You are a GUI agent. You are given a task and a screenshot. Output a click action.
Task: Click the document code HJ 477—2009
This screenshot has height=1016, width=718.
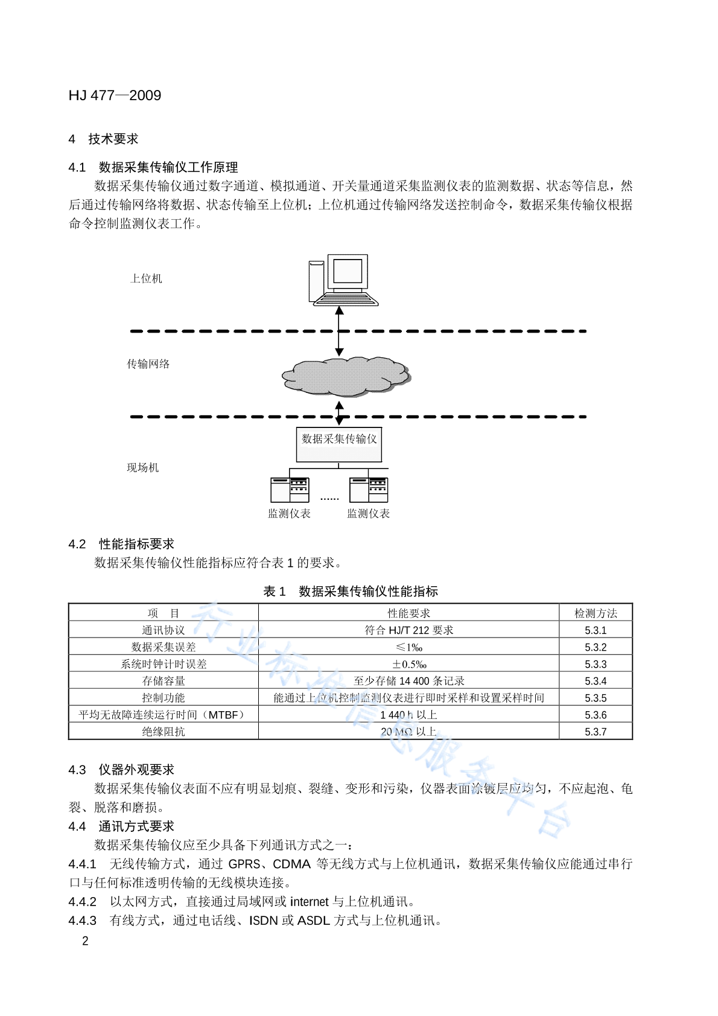115,95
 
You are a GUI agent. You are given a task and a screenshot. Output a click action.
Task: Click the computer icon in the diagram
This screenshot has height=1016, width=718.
343,280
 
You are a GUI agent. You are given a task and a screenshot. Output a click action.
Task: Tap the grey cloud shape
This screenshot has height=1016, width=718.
346,377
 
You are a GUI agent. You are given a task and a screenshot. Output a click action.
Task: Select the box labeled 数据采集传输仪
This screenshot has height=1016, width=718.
339,444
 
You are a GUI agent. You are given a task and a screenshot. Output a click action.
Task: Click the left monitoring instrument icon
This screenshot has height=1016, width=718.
290,490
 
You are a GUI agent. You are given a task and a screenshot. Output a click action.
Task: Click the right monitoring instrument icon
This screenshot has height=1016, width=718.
369,490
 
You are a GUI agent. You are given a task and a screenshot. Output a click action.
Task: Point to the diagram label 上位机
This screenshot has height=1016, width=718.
146,278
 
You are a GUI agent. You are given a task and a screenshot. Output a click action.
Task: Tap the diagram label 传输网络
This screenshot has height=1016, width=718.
148,364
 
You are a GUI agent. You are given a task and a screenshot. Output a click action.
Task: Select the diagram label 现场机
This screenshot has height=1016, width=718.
143,468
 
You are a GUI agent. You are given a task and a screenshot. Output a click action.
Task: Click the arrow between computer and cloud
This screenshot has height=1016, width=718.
339,331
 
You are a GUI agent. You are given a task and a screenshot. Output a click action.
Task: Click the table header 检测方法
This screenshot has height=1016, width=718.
596,613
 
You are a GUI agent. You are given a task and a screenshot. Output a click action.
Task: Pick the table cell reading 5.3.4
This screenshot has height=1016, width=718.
596,681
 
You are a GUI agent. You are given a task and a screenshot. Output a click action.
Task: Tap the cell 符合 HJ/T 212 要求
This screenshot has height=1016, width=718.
409,630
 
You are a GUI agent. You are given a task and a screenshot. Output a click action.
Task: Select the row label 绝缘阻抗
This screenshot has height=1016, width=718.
164,732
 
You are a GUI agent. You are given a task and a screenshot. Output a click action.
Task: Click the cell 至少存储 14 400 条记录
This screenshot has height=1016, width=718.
409,681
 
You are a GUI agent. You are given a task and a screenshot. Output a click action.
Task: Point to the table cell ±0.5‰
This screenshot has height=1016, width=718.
409,665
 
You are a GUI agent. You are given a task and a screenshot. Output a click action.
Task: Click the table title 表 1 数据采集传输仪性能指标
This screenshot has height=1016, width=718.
351,592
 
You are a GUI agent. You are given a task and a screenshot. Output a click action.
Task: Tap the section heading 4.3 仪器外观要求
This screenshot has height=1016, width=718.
121,770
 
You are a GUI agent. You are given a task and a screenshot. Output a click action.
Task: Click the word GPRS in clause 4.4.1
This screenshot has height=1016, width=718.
244,864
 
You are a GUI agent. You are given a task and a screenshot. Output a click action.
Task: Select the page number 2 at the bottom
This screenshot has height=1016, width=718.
85,941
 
